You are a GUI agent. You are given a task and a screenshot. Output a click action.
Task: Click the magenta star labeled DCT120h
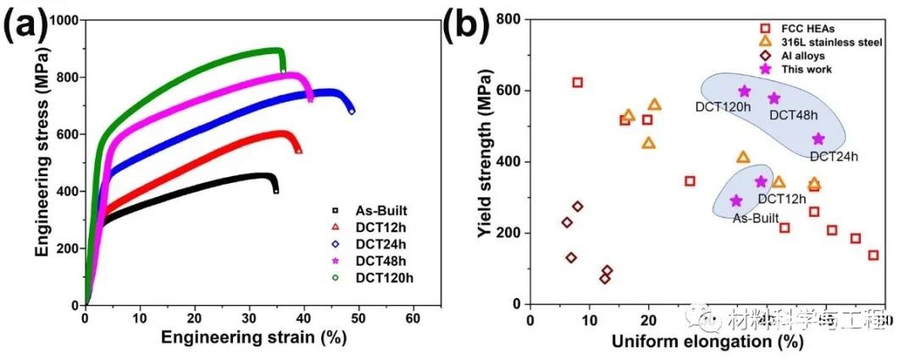click(x=744, y=91)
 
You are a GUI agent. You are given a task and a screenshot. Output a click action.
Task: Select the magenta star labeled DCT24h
click(x=818, y=139)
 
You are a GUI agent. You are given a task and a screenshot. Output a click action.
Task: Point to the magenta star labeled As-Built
click(x=735, y=201)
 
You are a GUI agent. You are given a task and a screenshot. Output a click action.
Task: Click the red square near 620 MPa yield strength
click(x=577, y=83)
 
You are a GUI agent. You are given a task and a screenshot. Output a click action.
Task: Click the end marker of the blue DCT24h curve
click(x=352, y=111)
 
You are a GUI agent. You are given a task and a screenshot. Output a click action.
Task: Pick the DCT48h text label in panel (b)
click(x=792, y=115)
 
